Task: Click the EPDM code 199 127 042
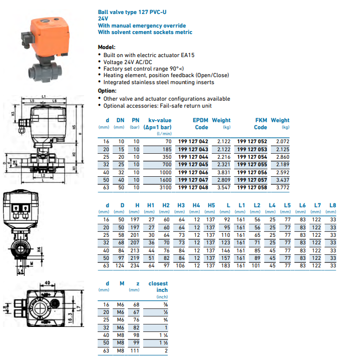[x=193, y=142]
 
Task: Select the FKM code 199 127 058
[x=251, y=187]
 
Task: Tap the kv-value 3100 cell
[x=165, y=187]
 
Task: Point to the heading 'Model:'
[x=106, y=47]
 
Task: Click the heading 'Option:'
[x=107, y=91]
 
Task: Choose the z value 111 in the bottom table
[x=134, y=351]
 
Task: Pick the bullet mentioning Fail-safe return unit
[x=157, y=106]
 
